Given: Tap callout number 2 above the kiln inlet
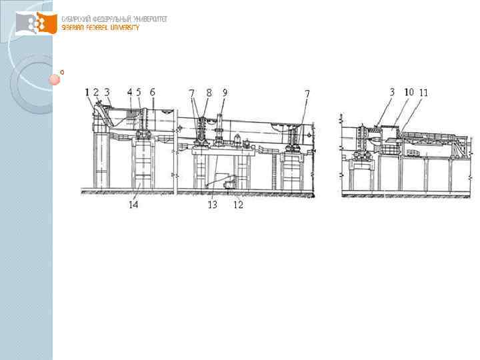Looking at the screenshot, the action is (x=96, y=92).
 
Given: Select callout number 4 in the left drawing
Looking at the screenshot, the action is (x=129, y=92).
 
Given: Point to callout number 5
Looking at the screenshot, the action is (x=138, y=92).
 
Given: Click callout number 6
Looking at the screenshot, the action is (x=153, y=92).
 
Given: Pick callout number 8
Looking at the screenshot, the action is (x=209, y=92).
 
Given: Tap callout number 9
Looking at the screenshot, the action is (x=225, y=92).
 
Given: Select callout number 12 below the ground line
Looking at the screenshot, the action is (x=238, y=205).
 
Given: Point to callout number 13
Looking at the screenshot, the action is (x=213, y=205).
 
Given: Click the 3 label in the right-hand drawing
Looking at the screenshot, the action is (x=393, y=92).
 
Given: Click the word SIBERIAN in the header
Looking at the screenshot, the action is (x=73, y=27).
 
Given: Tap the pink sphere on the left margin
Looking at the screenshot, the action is (x=54, y=80).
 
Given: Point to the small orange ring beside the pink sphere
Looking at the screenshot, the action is (x=62, y=71).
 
